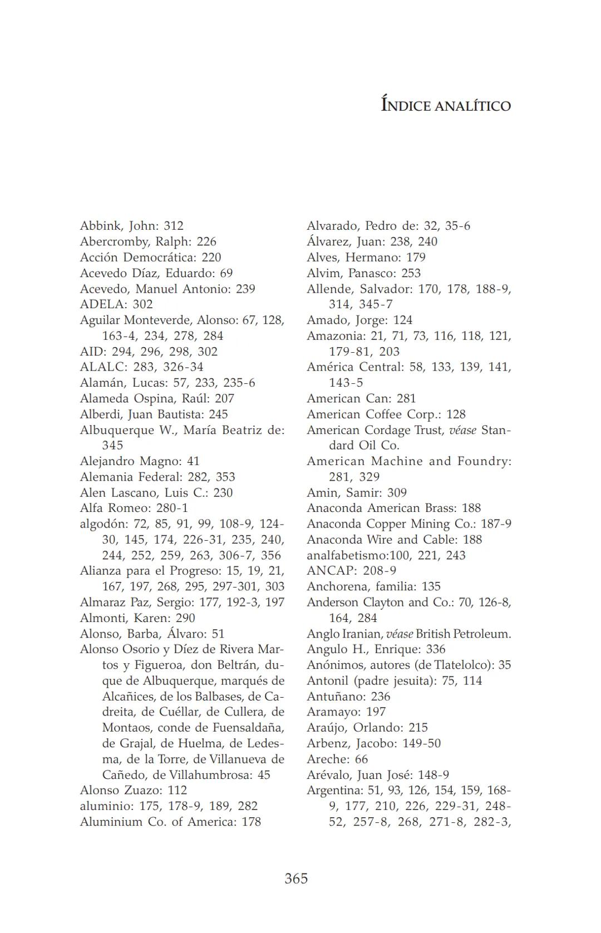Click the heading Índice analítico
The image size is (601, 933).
[x=446, y=105]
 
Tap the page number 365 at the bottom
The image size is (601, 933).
[x=296, y=878]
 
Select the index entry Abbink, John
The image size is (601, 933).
[x=131, y=226]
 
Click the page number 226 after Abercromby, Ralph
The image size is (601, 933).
[x=206, y=241]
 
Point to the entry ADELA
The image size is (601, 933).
[x=116, y=304]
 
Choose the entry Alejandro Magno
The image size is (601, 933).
[x=139, y=461]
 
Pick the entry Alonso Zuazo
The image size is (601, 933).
[x=134, y=790]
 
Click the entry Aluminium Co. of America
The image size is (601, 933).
[x=170, y=822]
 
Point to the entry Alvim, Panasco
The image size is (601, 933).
[x=363, y=273]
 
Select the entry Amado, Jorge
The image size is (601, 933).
[x=359, y=320]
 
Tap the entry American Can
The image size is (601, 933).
[x=361, y=398]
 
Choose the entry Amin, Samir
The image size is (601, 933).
[x=357, y=492]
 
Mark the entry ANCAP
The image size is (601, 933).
[x=351, y=571]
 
